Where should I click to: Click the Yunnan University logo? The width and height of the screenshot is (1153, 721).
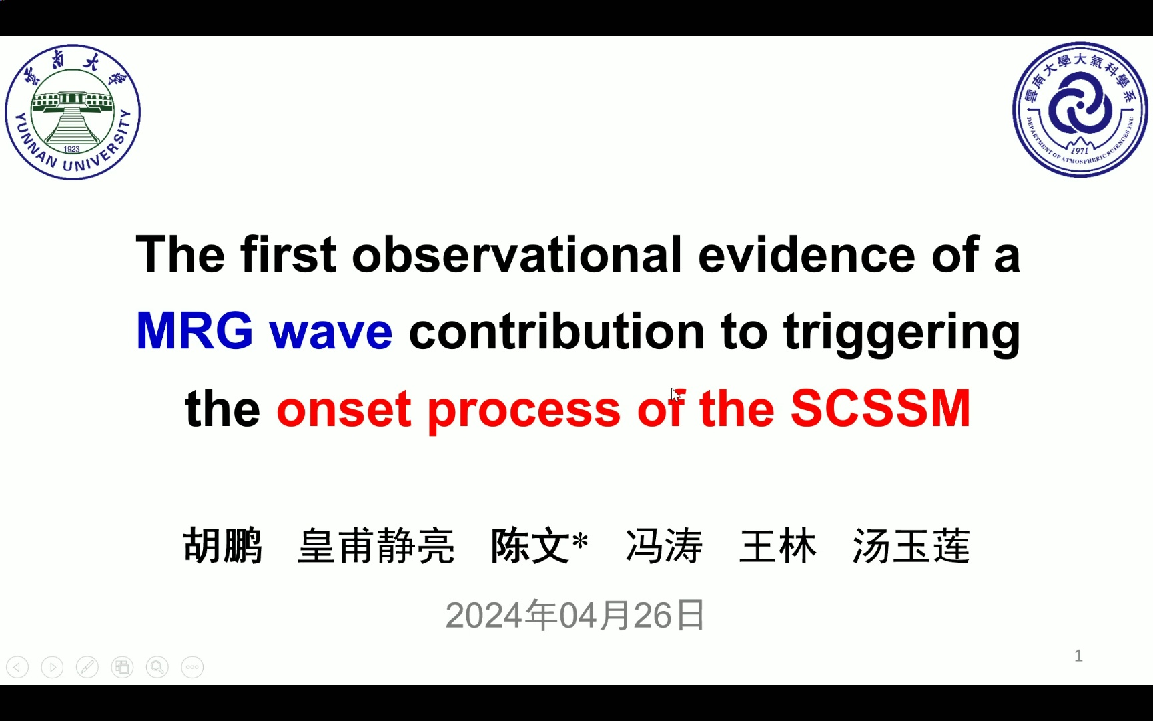pyautogui.click(x=73, y=112)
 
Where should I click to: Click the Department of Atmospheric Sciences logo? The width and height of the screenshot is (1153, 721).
pyautogui.click(x=1080, y=110)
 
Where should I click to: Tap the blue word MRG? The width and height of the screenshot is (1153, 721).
pyautogui.click(x=194, y=331)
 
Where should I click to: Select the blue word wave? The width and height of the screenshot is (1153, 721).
pyautogui.click(x=331, y=332)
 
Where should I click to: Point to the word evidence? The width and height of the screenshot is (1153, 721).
pyautogui.click(x=806, y=255)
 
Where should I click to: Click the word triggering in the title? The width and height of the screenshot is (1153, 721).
pyautogui.click(x=901, y=332)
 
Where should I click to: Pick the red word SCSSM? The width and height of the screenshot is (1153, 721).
pyautogui.click(x=880, y=408)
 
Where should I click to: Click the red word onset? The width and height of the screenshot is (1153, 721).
pyautogui.click(x=344, y=409)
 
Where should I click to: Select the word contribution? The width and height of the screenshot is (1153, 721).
pyautogui.click(x=556, y=332)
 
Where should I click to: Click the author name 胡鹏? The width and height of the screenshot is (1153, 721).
pyautogui.click(x=223, y=545)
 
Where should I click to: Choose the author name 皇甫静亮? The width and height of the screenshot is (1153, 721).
pyautogui.click(x=376, y=545)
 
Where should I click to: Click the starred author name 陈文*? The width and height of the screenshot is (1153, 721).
pyautogui.click(x=539, y=545)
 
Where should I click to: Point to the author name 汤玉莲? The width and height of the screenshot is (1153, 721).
pyautogui.click(x=911, y=545)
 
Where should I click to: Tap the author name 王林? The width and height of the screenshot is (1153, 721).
pyautogui.click(x=777, y=545)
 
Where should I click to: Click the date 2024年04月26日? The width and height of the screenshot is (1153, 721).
pyautogui.click(x=575, y=615)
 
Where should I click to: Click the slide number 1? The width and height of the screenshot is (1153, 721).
pyautogui.click(x=1078, y=656)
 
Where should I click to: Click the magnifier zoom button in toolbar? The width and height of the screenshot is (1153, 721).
pyautogui.click(x=157, y=667)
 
